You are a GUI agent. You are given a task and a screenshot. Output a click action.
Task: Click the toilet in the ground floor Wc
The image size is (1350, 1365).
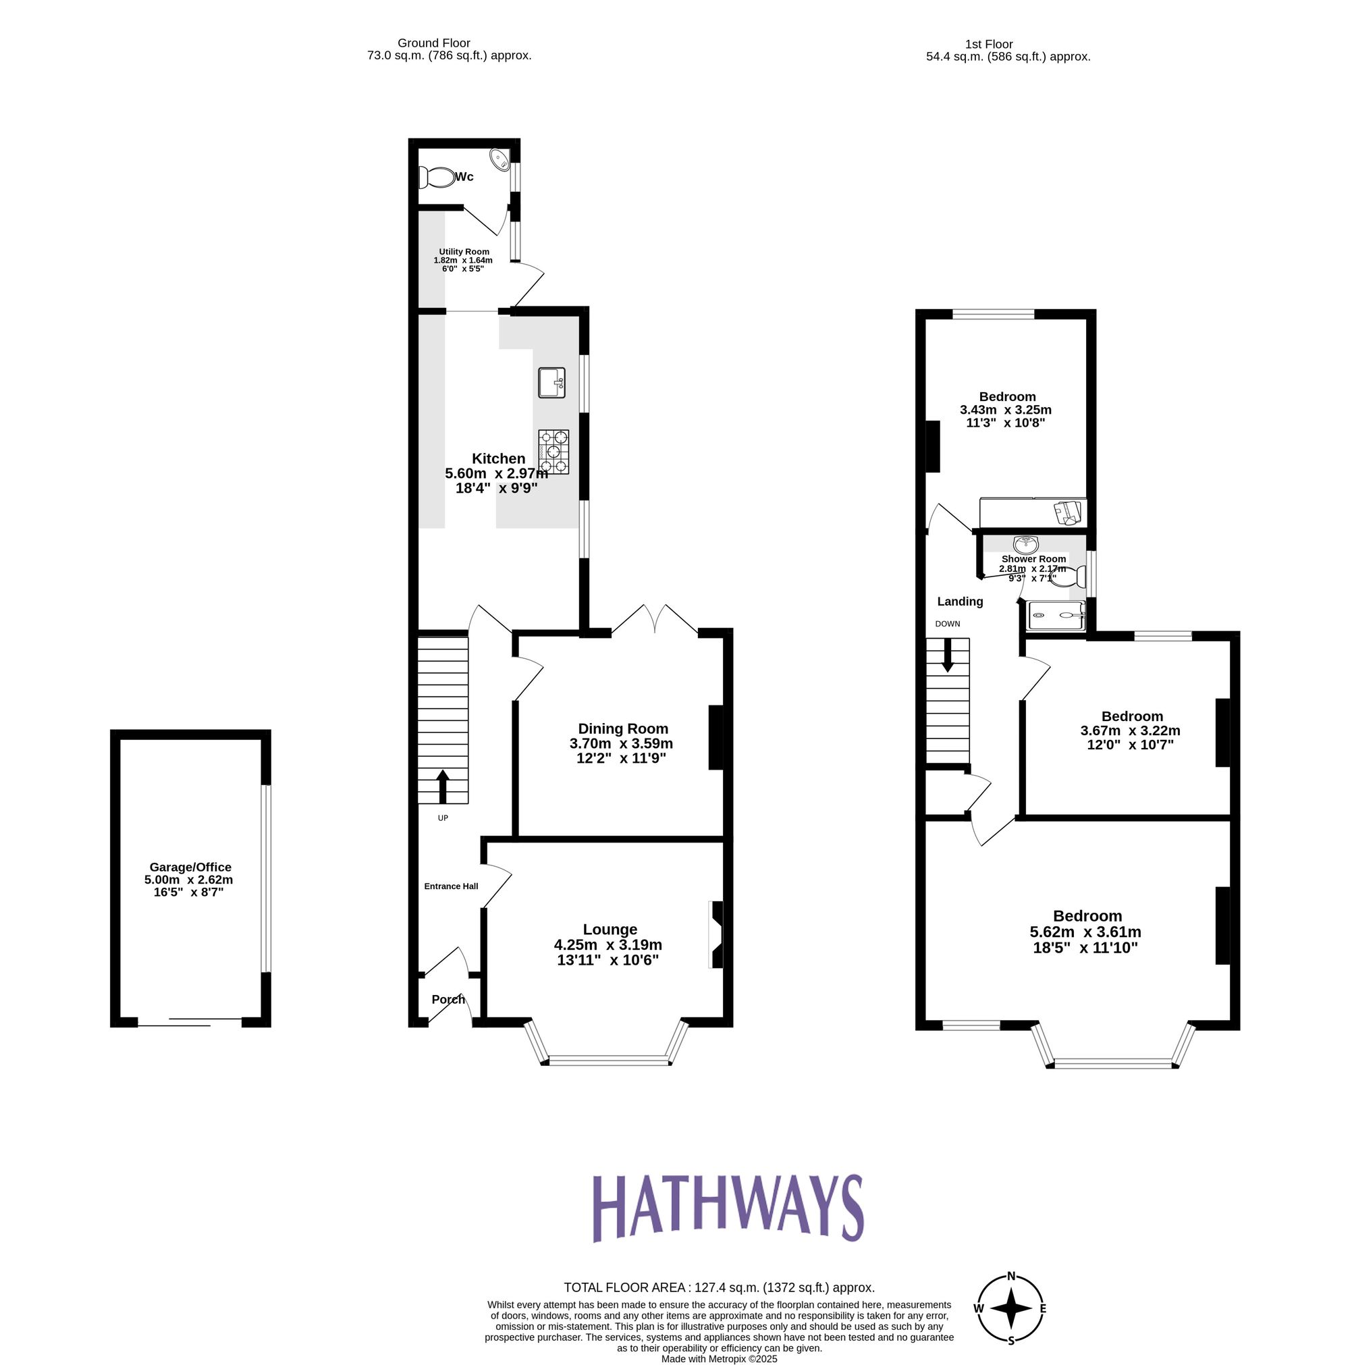[x=437, y=178]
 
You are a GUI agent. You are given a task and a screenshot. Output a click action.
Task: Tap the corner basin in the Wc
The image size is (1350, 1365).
[x=500, y=160]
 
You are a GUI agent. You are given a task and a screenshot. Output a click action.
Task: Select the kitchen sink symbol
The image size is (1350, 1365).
[x=551, y=383]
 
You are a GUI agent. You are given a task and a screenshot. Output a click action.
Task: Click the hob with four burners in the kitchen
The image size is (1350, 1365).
[x=553, y=452]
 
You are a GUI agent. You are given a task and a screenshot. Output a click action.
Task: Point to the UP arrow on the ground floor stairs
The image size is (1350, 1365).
[x=443, y=786]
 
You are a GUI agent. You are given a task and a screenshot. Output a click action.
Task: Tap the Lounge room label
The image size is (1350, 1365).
[x=610, y=929]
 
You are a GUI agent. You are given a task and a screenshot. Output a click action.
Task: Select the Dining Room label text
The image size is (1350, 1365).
[x=622, y=728]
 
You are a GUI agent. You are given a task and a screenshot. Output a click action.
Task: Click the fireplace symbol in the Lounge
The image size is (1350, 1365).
[x=716, y=934]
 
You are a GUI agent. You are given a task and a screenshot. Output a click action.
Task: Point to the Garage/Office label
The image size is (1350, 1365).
[x=190, y=867]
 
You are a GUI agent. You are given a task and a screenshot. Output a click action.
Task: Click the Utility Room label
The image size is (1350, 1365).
[x=464, y=252]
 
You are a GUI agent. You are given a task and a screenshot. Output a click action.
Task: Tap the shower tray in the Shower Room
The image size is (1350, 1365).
[x=1056, y=615]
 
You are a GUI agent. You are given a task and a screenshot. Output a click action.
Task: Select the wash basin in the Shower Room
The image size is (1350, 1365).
[x=1025, y=544]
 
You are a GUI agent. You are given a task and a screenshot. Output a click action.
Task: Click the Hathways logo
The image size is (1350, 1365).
[x=727, y=1209]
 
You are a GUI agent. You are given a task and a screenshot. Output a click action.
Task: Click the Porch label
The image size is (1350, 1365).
[x=448, y=999]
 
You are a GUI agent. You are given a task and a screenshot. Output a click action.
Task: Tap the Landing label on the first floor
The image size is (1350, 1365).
[x=959, y=601]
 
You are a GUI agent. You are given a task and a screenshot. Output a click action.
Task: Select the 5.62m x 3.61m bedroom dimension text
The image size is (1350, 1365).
[x=1085, y=932]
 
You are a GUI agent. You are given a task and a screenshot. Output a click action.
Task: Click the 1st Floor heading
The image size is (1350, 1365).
[x=988, y=44]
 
